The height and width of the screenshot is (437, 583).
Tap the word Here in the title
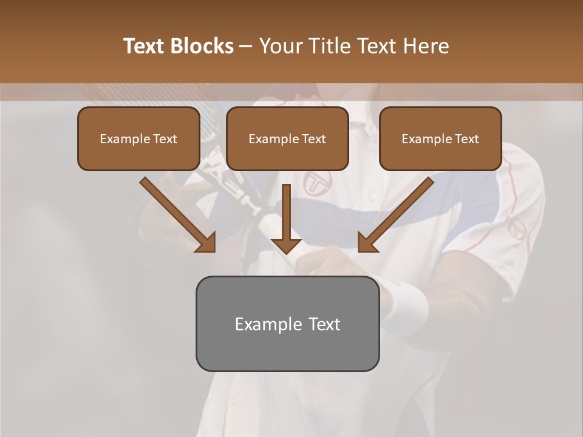[x=425, y=46]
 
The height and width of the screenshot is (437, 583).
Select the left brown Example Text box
[x=138, y=139]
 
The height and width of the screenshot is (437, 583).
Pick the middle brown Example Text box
[x=287, y=139]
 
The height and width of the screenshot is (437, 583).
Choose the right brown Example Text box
[x=440, y=139]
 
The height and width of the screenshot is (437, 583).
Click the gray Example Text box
[x=287, y=324]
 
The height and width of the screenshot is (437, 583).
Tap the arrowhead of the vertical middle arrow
[x=286, y=245]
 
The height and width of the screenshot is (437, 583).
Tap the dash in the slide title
[x=246, y=46]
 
